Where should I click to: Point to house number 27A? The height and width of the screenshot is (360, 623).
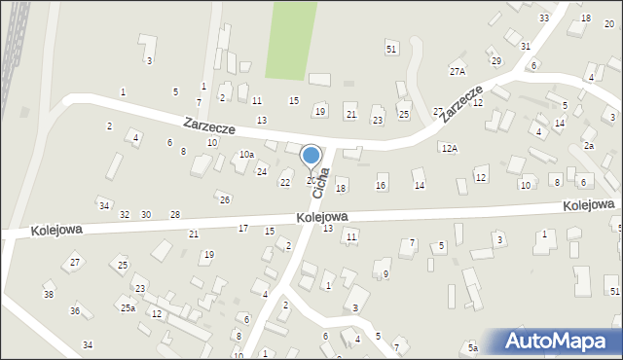tap(458, 72)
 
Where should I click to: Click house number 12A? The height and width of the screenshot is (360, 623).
tap(449, 149)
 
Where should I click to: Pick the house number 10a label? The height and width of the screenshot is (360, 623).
tap(247, 155)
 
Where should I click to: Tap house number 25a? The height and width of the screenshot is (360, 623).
tap(128, 307)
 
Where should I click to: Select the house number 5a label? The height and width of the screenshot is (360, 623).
tap(473, 347)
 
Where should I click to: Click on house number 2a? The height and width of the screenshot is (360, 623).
tap(589, 145)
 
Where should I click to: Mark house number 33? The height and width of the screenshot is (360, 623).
tap(543, 18)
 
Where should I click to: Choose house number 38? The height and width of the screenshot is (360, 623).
tap(49, 294)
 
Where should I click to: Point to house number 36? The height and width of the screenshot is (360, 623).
tap(75, 310)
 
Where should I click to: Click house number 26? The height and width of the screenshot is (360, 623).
tap(225, 199)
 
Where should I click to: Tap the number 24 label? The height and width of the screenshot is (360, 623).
tap(262, 172)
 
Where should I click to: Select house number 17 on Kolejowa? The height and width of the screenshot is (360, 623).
tap(243, 228)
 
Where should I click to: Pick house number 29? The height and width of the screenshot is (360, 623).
tap(495, 61)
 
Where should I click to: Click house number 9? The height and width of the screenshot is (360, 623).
tap(385, 273)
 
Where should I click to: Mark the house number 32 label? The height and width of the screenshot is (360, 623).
tap(125, 214)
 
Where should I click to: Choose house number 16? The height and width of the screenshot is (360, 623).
tap(381, 186)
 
